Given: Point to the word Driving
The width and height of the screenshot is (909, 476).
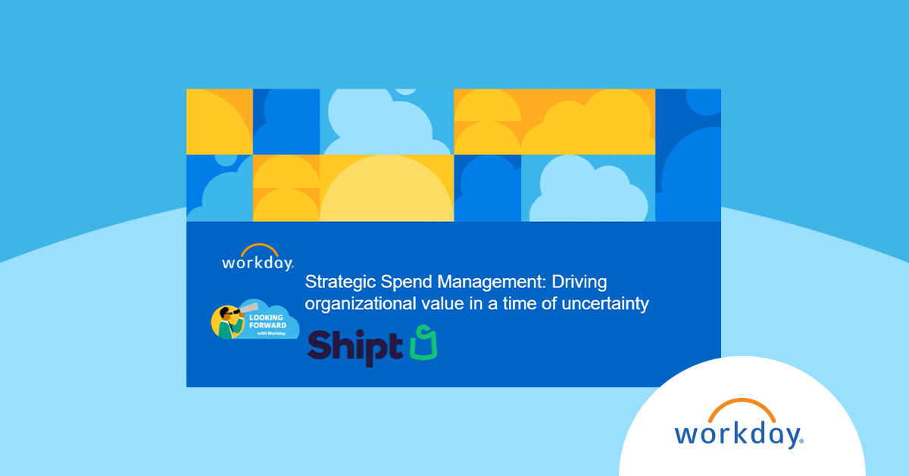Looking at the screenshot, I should coord(579,283).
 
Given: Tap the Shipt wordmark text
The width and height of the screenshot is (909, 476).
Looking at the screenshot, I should coord(355,347).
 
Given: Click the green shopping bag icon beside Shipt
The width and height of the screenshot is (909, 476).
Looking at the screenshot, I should coord(423,345).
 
